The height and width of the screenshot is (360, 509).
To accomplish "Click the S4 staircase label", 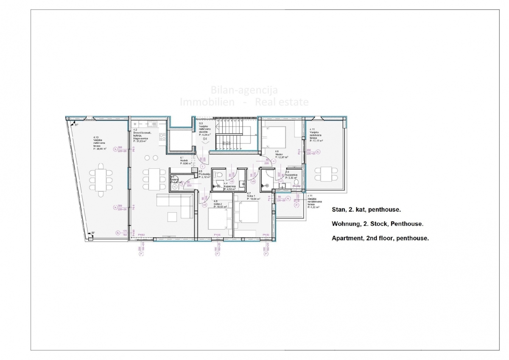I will click(x=204, y=139).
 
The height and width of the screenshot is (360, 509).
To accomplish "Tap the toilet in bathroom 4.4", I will click(x=218, y=174).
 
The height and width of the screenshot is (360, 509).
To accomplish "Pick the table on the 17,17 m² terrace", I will click(x=325, y=174).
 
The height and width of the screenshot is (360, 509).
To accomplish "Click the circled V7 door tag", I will click(x=280, y=181).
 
